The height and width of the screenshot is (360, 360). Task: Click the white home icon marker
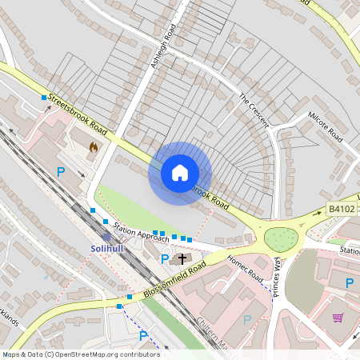(x=180, y=172)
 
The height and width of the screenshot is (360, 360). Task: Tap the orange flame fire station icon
(x=94, y=147)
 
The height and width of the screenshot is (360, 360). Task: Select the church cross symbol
(x=182, y=258)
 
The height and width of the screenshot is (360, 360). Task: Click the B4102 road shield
(x=340, y=209)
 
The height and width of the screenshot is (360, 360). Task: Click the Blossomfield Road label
(x=175, y=281)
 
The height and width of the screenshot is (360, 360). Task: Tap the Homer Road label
(x=244, y=268)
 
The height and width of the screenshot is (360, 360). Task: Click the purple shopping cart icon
(x=338, y=318)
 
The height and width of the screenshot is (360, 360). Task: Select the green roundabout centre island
(x=281, y=238)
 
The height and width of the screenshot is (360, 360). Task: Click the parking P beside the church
(x=165, y=258)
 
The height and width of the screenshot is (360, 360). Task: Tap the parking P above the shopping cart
(x=349, y=282)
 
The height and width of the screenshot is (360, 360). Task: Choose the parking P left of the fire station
(x=61, y=171)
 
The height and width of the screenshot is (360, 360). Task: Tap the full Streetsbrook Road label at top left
(x=77, y=115)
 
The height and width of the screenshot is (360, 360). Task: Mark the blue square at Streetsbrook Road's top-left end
(x=44, y=98)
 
